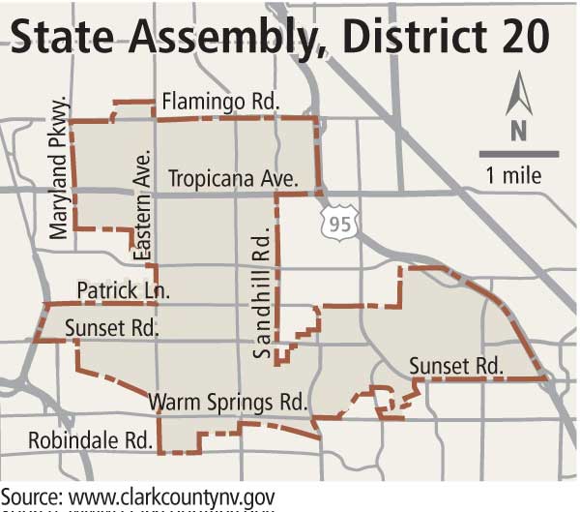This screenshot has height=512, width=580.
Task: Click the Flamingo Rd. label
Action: pyautogui.click(x=220, y=101)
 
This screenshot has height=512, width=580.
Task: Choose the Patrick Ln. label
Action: pyautogui.click(x=123, y=290)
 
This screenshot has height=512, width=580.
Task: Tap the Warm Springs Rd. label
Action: pyautogui.click(x=227, y=401)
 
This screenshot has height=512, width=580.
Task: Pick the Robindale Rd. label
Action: pyautogui.click(x=92, y=437)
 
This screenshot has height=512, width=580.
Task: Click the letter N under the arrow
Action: pyautogui.click(x=517, y=131)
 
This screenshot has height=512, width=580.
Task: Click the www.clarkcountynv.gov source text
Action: pyautogui.click(x=171, y=497)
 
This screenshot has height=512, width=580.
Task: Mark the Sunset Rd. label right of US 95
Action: pyautogui.click(x=455, y=366)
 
